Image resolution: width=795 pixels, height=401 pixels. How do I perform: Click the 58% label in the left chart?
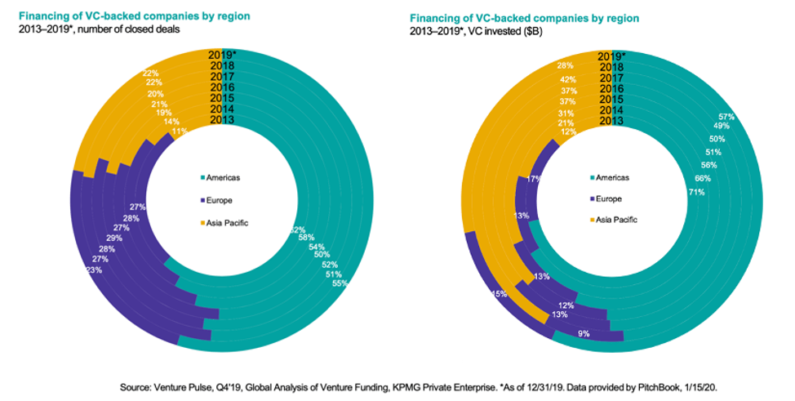pyautogui.click(x=305, y=237)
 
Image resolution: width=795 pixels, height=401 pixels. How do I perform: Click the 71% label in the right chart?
pyautogui.click(x=697, y=192)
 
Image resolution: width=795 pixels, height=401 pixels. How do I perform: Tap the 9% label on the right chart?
pyautogui.click(x=583, y=332)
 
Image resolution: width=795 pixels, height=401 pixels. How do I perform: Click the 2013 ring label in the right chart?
pyautogui.click(x=611, y=121)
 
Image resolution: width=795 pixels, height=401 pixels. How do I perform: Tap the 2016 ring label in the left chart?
pyautogui.click(x=223, y=87)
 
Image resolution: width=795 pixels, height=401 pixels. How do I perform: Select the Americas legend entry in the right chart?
pyautogui.click(x=610, y=177)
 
